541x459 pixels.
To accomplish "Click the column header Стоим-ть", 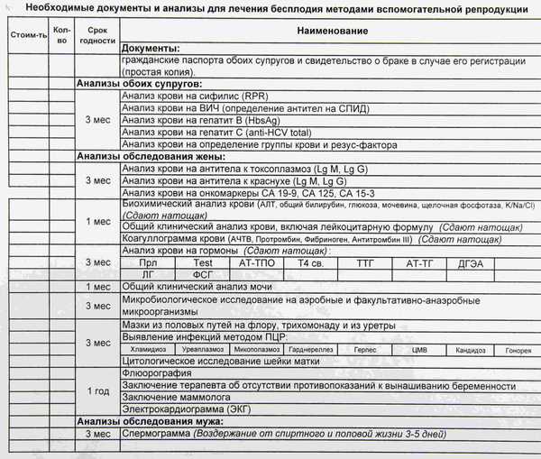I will pyautogui.click(x=25, y=34).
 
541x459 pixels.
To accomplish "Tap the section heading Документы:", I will pyautogui.click(x=150, y=47).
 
